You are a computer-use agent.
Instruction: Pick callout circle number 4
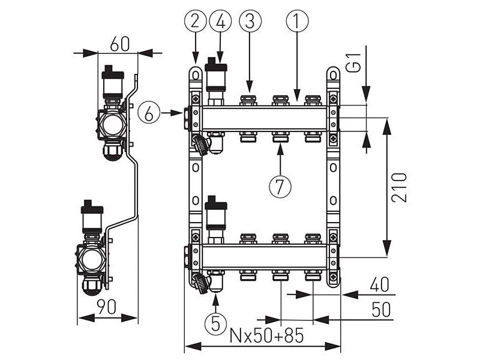[x=220, y=22]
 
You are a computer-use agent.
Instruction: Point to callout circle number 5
[x=215, y=324]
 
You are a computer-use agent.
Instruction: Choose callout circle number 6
[x=148, y=112]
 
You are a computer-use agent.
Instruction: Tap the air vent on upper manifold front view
[x=215, y=75]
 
